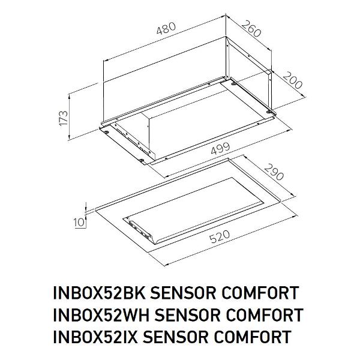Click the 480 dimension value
pyautogui.click(x=166, y=28)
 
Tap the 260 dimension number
pyautogui.click(x=251, y=28)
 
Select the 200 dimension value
pyautogui.click(x=292, y=80)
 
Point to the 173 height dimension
pyautogui.click(x=64, y=118)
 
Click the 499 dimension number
pyautogui.click(x=220, y=149)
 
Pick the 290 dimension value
pyautogui.click(x=274, y=172)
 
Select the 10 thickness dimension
pyautogui.click(x=79, y=222)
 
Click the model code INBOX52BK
pyautogui.click(x=99, y=293)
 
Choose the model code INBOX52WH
pyautogui.click(x=101, y=315)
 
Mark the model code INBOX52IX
pyautogui.click(x=95, y=337)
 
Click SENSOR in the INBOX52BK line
pyautogui.click(x=183, y=293)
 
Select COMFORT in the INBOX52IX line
pyautogui.click(x=253, y=337)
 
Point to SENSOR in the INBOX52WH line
pyautogui.click(x=188, y=315)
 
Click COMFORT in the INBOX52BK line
pyautogui.click(x=260, y=293)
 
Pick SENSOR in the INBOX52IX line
pyautogui.click(x=176, y=337)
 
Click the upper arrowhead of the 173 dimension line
pyautogui.click(x=69, y=95)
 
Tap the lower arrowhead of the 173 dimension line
pyautogui.click(x=69, y=138)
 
